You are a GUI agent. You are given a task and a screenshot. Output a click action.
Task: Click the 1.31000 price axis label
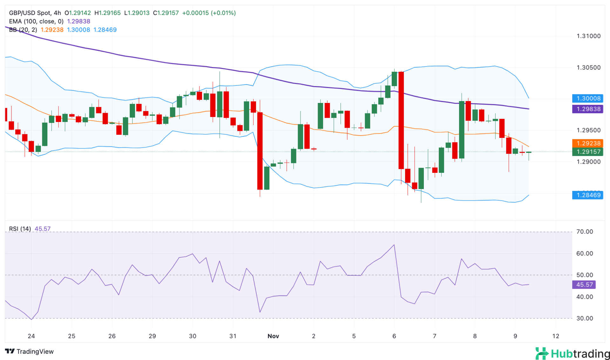tap(588, 36)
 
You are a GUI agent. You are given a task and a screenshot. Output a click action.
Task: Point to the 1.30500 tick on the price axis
tap(588, 68)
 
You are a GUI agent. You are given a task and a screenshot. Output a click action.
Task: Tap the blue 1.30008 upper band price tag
tap(588, 98)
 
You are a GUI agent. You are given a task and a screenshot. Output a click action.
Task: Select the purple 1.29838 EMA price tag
tap(588, 109)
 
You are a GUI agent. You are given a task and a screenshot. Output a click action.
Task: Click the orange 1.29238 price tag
tap(588, 143)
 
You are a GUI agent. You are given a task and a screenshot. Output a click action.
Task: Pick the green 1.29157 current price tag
tap(588, 152)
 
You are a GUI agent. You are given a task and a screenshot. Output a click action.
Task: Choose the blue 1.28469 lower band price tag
tap(588, 195)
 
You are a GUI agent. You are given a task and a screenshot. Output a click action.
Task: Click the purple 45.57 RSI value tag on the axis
tap(584, 285)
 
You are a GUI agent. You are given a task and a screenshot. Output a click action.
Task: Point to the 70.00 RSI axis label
tap(585, 232)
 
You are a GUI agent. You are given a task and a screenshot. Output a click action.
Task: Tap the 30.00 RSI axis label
tap(585, 318)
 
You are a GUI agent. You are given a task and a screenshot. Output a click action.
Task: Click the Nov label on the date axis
tap(273, 336)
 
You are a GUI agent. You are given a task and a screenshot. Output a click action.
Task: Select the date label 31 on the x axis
tap(233, 336)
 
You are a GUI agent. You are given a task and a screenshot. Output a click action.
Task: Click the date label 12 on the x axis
tap(556, 336)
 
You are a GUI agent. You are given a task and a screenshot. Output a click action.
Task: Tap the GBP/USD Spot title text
tap(30, 13)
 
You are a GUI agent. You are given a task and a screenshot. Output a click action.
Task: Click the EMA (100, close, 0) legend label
tap(36, 21)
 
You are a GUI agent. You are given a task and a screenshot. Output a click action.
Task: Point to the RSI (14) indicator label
tap(20, 229)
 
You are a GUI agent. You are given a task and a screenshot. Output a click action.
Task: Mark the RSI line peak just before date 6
tap(394, 245)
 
